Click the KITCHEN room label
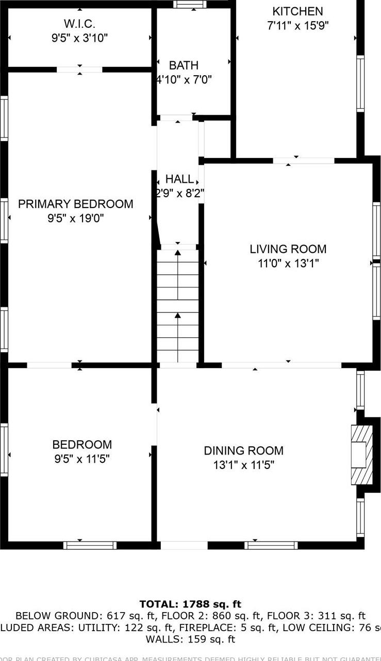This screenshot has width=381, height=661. point(297,11)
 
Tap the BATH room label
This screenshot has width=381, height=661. point(184,65)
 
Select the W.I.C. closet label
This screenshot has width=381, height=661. point(79,24)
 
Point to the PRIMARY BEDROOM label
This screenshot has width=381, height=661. point(76,204)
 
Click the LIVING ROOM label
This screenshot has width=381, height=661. point(288,249)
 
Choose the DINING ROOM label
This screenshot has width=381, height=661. point(243,451)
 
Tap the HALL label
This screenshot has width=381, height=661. point(179,179)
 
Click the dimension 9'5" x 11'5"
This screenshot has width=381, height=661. point(82,459)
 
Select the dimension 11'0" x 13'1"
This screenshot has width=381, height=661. point(288,264)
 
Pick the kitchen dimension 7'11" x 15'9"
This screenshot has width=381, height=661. point(297,25)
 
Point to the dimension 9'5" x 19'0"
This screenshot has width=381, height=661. point(76,218)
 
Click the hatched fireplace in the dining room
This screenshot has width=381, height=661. point(361,455)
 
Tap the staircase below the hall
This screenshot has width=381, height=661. point(178,306)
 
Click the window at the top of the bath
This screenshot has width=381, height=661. point(189,4)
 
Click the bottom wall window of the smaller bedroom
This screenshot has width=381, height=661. point(90,545)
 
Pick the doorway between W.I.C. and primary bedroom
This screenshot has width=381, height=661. point(79,69)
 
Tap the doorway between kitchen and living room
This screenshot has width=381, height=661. point(304,161)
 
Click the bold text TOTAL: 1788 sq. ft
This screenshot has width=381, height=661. point(190,604)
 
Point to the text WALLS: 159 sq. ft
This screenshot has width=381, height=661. point(190,639)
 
